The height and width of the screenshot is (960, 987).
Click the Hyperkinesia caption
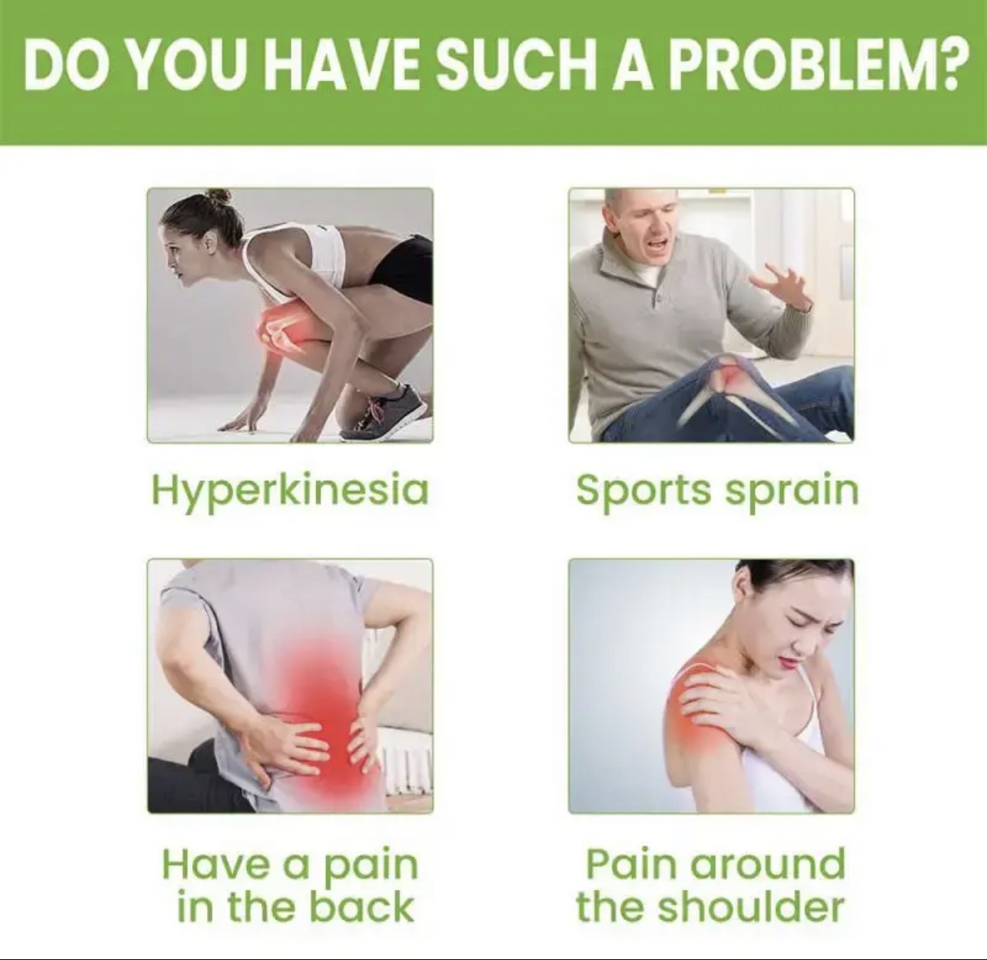pos(290,491)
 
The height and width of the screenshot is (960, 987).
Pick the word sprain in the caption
pos(793,491)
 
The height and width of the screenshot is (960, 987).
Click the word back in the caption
pos(361,907)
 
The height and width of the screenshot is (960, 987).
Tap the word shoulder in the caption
pos(751,907)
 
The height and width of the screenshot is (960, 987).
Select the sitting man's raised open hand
pos(779,287)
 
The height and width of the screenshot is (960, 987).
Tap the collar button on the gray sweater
pos(658,301)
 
